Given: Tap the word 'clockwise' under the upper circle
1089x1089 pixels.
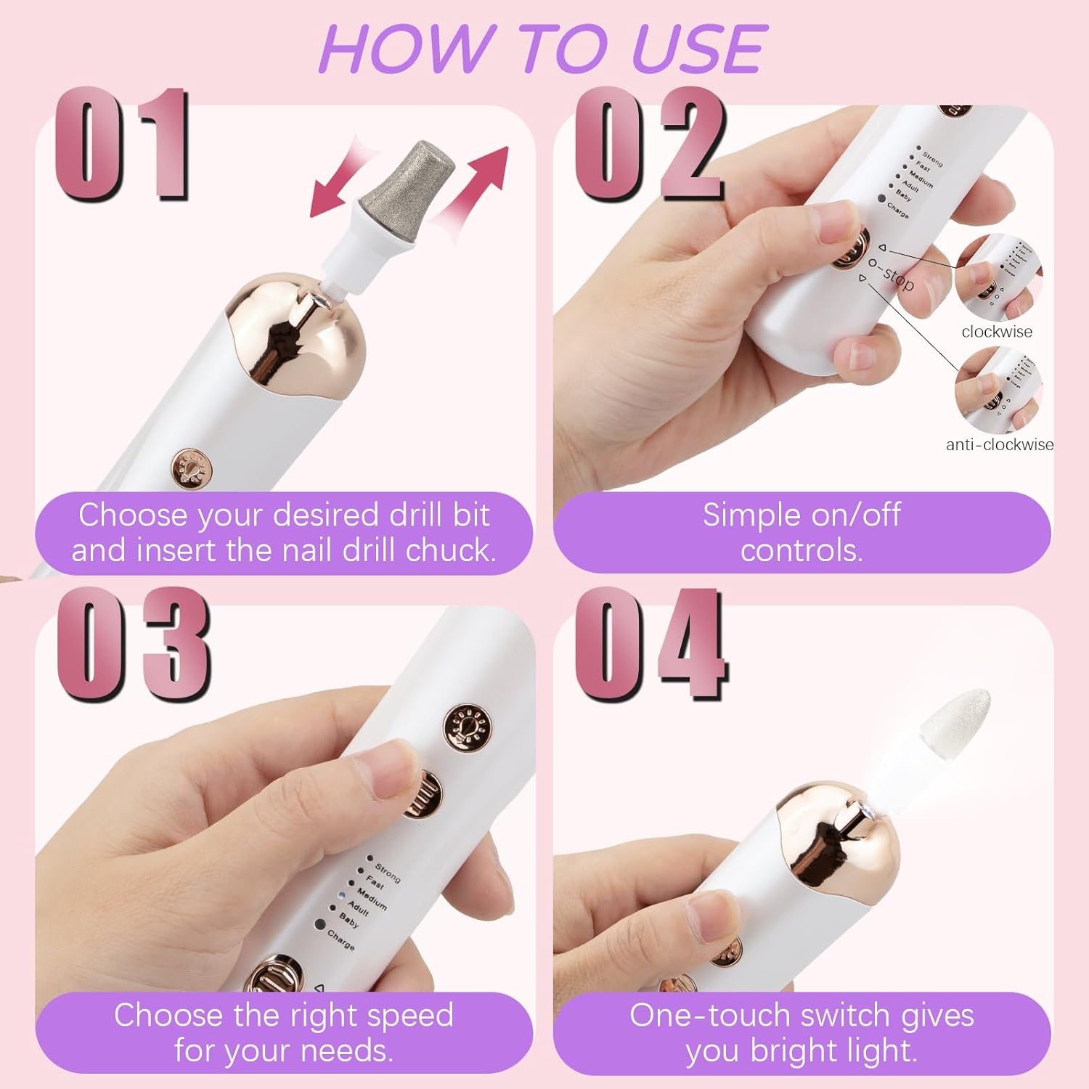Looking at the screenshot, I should (996, 332).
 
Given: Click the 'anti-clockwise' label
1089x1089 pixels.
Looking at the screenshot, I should (999, 444).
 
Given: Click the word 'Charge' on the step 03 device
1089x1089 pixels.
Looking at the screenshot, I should (340, 939).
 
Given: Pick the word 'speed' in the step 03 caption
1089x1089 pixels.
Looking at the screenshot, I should (409, 1015).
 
